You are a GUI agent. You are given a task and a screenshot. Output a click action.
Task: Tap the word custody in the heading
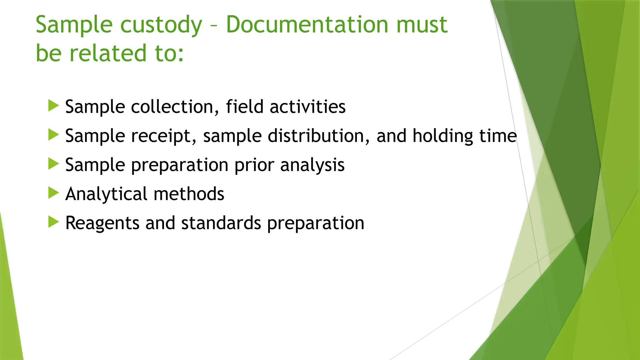[x=161, y=25]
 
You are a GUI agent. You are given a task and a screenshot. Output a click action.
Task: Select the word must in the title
[x=422, y=25]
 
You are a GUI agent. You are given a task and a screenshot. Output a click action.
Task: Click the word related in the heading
[x=108, y=53]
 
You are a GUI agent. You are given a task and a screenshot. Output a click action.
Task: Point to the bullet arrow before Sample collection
[x=54, y=106]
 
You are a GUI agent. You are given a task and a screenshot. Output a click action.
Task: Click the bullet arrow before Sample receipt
[x=54, y=135]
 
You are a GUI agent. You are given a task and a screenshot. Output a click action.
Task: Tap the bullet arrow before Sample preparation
[x=54, y=164]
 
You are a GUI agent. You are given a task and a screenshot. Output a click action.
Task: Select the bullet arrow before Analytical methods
[x=54, y=193]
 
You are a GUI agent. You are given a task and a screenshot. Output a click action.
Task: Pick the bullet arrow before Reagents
[x=54, y=222]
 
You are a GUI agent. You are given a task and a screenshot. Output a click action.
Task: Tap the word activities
[x=307, y=107]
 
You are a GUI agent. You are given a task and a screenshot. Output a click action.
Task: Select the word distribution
[x=319, y=136]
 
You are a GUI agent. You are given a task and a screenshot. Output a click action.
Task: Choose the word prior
[x=254, y=165]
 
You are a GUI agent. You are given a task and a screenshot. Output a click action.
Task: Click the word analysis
[x=312, y=165]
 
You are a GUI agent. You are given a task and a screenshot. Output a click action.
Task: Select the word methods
[x=189, y=194]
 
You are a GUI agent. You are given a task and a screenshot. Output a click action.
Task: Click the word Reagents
[x=102, y=223]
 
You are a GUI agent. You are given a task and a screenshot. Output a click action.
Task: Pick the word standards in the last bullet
[x=221, y=223]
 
